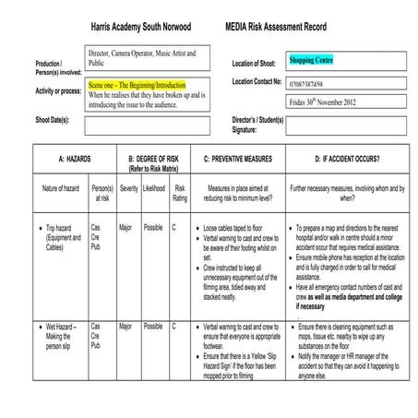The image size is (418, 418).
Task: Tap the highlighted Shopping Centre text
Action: click(x=311, y=60)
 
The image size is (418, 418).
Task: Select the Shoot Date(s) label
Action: click(x=56, y=120)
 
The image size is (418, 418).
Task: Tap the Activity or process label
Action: click(x=58, y=91)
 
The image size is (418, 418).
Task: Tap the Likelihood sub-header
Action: click(x=153, y=187)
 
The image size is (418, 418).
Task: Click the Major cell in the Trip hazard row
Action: click(x=125, y=226)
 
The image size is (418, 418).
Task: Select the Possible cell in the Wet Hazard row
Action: click(x=153, y=326)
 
